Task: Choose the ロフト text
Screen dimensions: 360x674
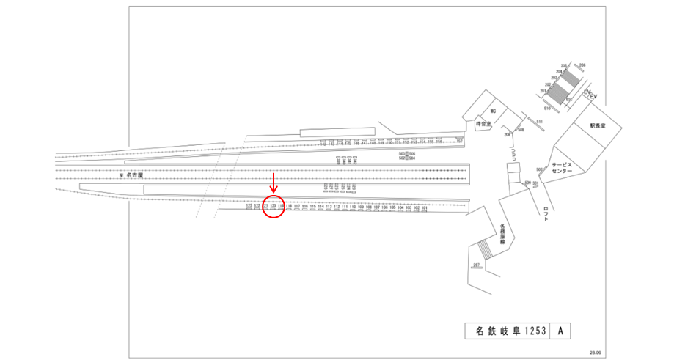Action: pos(546,213)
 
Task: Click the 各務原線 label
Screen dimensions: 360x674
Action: pos(503,234)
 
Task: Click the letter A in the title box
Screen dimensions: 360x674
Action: pos(560,331)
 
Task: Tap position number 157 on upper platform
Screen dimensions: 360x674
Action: pos(460,141)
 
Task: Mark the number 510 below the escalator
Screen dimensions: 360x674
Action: pos(547,108)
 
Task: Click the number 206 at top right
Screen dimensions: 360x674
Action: pos(582,66)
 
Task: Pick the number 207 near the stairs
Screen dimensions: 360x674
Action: pos(476,264)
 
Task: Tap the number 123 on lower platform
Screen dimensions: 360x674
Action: pos(249,207)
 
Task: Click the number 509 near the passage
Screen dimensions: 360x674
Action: pos(527,182)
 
